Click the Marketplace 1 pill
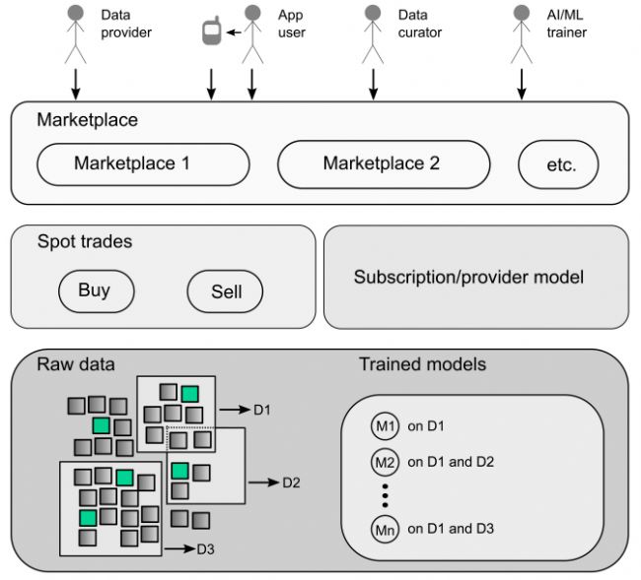[143, 164]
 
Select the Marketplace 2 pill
[384, 164]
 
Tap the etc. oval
[558, 164]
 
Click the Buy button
[97, 291]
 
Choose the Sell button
[225, 291]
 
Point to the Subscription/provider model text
[468, 277]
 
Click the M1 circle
[385, 426]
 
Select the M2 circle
[385, 462]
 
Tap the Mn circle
[385, 530]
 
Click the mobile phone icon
[212, 31]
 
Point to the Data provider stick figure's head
[76, 13]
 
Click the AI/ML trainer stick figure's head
[522, 13]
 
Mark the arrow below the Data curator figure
[373, 84]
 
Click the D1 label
[262, 410]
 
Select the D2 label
[291, 483]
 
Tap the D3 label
[206, 549]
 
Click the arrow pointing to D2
[263, 483]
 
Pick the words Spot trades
[85, 241]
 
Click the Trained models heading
[423, 364]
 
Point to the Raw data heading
[76, 364]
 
